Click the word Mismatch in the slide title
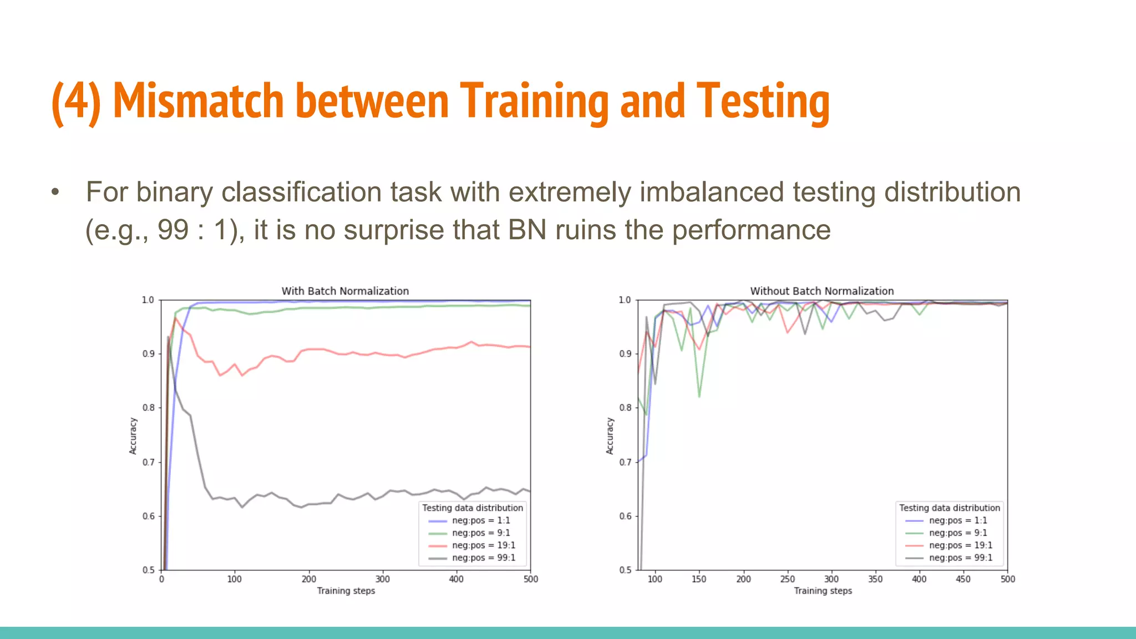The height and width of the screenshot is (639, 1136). (x=198, y=101)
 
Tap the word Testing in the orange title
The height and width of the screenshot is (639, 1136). (x=763, y=102)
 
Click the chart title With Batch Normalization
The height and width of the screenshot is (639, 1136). (x=345, y=291)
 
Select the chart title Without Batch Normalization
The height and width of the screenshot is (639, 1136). (x=821, y=291)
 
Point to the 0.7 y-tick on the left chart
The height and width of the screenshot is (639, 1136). (x=148, y=462)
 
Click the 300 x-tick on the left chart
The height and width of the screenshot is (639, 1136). (x=382, y=579)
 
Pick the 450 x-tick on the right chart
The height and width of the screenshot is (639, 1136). (x=963, y=579)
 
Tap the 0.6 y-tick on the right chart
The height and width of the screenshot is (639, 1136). (x=625, y=516)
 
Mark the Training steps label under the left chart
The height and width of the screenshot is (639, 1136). (x=346, y=591)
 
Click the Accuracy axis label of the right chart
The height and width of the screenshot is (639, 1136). (x=610, y=436)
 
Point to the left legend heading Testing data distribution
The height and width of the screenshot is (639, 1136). (x=472, y=508)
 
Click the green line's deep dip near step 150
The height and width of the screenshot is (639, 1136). (x=699, y=396)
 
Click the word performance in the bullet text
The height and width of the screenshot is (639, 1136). (x=751, y=230)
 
